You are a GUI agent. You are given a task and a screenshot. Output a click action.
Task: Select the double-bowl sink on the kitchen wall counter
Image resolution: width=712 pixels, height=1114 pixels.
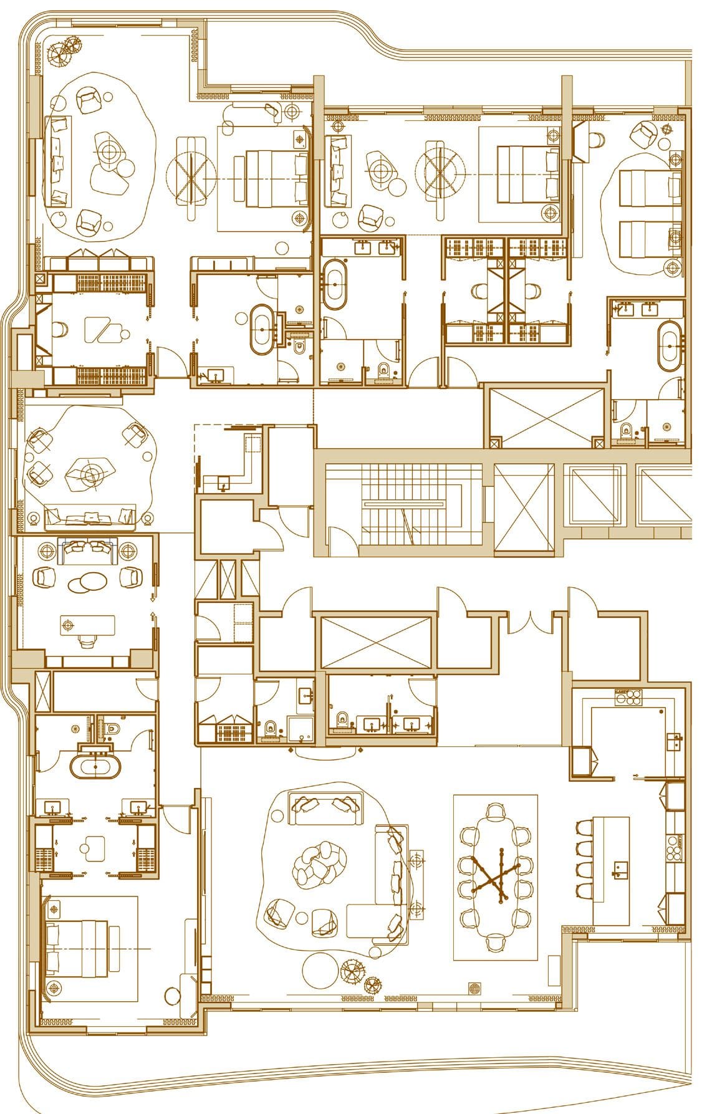tap(673, 742)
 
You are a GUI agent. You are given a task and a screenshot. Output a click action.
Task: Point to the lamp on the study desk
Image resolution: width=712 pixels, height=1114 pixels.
tap(70, 623)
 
